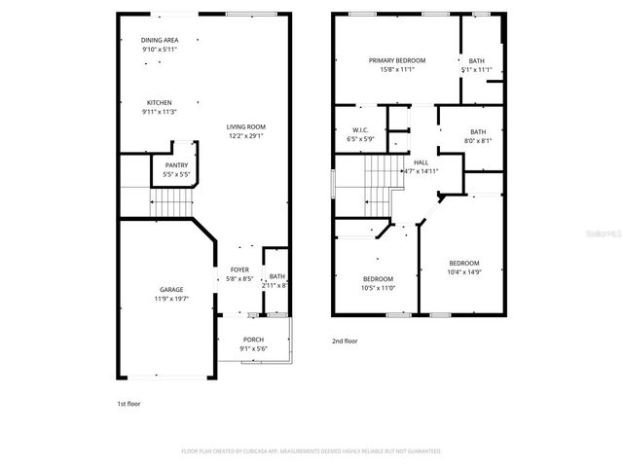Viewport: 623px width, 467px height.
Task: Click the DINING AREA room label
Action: [159, 40]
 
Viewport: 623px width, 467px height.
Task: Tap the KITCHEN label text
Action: [159, 102]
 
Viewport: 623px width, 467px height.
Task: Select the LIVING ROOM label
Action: [245, 126]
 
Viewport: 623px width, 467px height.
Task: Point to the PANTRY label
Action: [176, 165]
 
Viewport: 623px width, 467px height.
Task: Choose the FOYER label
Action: [239, 269]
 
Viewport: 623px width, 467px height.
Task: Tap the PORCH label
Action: [253, 340]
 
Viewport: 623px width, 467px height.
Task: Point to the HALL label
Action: [421, 162]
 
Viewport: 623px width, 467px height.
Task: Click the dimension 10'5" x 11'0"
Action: [379, 288]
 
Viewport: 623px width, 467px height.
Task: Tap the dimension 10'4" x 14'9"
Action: [463, 271]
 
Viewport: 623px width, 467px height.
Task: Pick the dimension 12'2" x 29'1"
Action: [245, 136]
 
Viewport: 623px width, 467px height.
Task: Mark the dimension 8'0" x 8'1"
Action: [477, 141]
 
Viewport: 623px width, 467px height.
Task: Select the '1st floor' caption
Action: [128, 402]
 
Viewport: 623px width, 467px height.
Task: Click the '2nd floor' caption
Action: [345, 341]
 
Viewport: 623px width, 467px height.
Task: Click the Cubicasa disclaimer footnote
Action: [311, 451]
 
